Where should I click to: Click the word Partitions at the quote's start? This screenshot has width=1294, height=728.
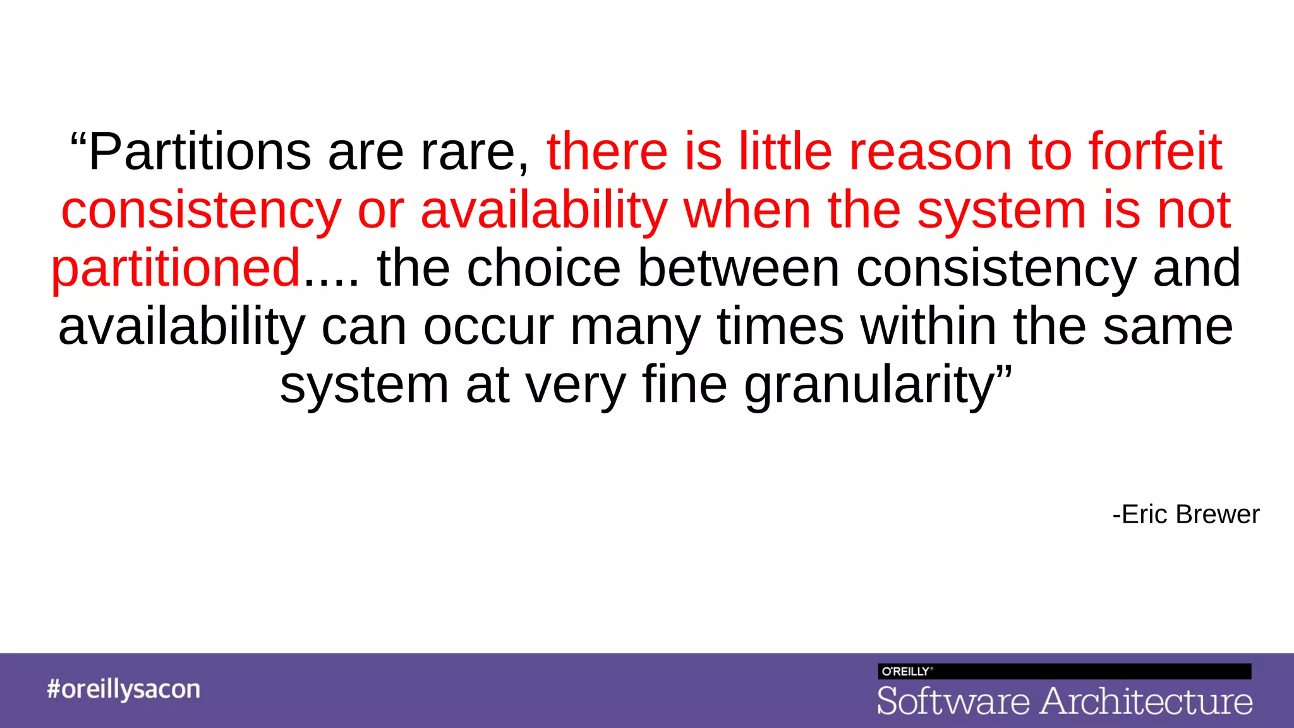tap(199, 152)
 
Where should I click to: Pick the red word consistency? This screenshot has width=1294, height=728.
tap(201, 211)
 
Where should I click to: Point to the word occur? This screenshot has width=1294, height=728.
tap(488, 327)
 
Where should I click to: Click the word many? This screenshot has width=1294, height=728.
tap(635, 327)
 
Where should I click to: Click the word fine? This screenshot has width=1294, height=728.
tap(684, 385)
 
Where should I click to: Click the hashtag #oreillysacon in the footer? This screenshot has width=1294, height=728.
tap(123, 689)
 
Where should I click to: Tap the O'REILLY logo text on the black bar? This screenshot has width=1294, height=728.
tap(905, 672)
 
